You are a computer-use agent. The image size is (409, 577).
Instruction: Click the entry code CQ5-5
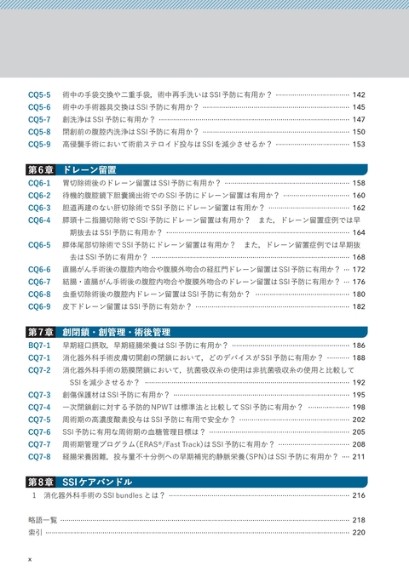click(39, 95)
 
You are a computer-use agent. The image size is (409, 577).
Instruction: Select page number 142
click(359, 95)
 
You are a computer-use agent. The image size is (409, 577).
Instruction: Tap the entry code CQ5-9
click(39, 145)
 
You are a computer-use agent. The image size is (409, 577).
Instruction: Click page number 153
click(359, 145)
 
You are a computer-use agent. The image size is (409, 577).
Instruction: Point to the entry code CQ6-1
click(39, 183)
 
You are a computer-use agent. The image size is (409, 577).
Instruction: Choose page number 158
click(359, 183)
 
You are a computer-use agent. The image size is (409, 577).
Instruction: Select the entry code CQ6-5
click(39, 244)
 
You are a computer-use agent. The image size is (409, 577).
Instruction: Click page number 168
click(359, 257)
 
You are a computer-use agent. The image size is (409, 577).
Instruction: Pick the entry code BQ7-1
click(39, 346)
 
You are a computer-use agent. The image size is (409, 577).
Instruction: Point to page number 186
click(359, 346)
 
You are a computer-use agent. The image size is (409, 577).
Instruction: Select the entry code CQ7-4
click(39, 408)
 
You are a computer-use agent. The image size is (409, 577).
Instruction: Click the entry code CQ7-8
click(39, 456)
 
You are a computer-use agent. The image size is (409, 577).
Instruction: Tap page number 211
click(359, 456)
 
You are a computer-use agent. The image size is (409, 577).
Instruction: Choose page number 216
click(359, 495)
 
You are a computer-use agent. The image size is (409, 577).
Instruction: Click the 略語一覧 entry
click(43, 520)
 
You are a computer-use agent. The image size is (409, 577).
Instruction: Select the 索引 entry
click(35, 532)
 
